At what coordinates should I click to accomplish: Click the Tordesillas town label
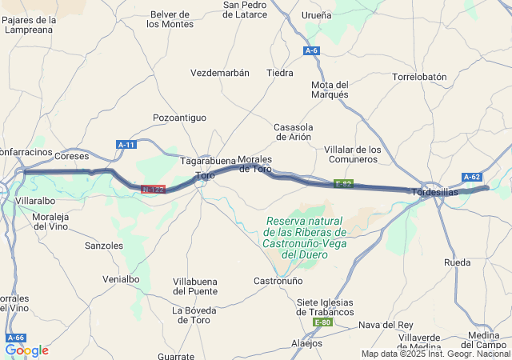436,192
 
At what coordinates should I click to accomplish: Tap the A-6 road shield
311,50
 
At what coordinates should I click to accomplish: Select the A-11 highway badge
126,144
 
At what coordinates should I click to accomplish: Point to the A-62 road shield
471,177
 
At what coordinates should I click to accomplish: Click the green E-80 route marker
322,322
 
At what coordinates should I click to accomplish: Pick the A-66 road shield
16,338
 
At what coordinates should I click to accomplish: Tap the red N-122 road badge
153,190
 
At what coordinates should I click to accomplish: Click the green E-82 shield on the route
344,184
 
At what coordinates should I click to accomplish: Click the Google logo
26,350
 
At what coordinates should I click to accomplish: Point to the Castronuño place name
278,281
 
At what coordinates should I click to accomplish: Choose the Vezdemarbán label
220,73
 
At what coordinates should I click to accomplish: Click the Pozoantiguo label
179,118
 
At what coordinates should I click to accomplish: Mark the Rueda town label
457,262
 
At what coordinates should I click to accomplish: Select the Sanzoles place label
104,246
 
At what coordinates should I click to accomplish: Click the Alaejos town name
306,343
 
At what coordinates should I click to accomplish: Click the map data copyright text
435,354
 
